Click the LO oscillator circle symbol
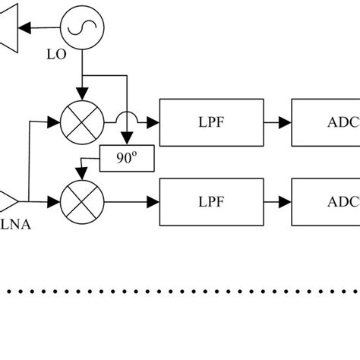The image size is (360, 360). (79, 27)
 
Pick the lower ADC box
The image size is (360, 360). (326, 201)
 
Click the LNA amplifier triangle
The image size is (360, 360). (9, 201)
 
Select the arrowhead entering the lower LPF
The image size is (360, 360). (154, 202)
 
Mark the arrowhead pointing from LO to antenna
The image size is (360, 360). (26, 27)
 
